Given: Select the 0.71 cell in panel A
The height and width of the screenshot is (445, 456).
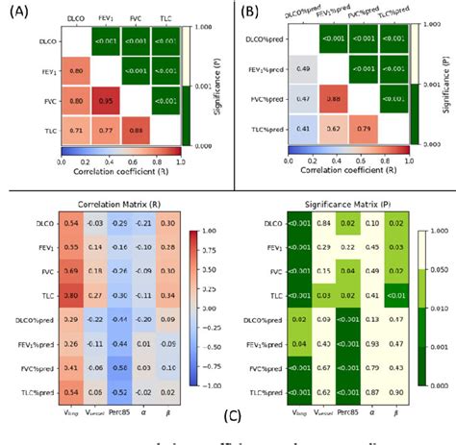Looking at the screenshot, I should point(77,128).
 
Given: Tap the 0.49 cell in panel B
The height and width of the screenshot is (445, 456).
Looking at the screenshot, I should point(302,70).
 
